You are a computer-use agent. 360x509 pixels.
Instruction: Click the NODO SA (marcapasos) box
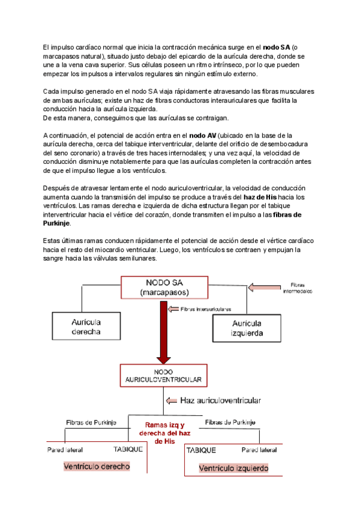click(164, 287)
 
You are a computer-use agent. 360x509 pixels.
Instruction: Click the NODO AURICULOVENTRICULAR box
click(164, 376)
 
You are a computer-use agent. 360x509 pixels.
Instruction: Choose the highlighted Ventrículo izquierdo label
click(233, 468)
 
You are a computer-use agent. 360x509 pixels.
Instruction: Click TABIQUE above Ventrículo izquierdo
click(202, 450)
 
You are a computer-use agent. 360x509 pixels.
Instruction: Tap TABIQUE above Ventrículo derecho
click(128, 449)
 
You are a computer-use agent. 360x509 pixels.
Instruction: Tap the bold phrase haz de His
click(262, 197)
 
